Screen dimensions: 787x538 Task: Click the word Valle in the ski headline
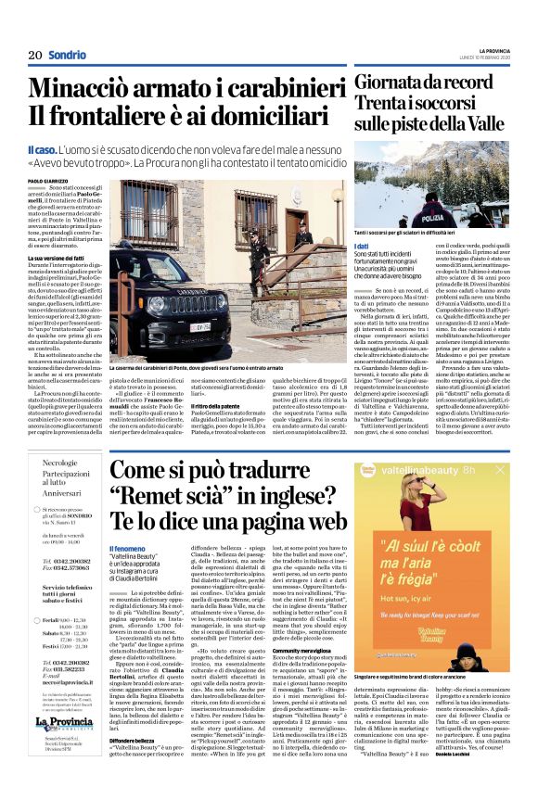(x=505, y=123)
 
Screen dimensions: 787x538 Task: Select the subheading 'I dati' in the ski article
(x=361, y=245)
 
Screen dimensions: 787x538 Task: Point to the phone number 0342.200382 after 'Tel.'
(x=71, y=536)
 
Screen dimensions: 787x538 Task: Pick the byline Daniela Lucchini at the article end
(x=487, y=774)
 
